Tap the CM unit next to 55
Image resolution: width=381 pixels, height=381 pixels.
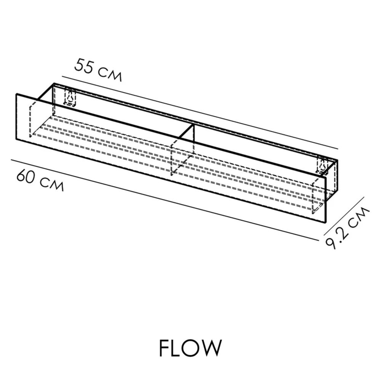pos(110,74)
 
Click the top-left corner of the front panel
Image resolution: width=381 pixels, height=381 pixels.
pos(16,94)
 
